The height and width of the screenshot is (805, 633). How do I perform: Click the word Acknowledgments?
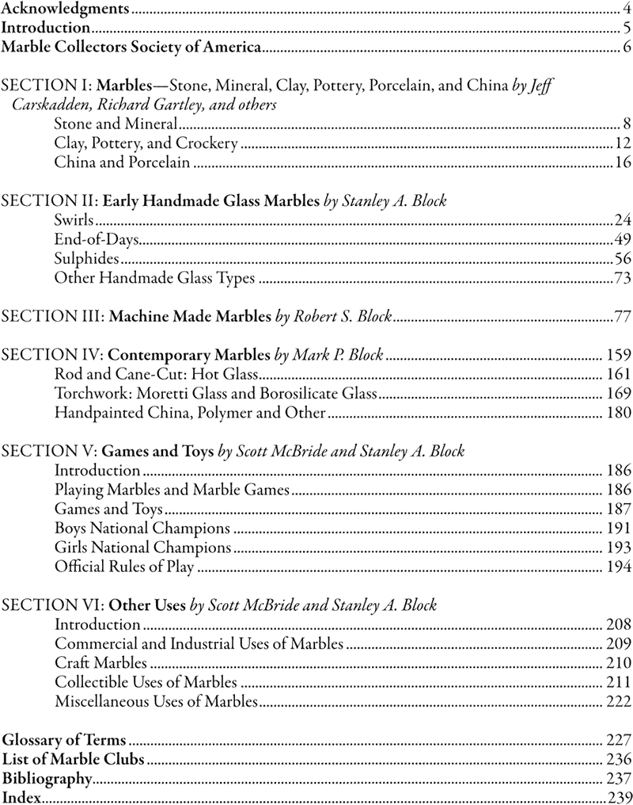click(65, 10)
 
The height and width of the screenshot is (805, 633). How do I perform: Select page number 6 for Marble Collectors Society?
click(626, 48)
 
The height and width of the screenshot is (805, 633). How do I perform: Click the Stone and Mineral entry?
click(115, 124)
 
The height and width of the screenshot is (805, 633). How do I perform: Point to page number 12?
click(621, 143)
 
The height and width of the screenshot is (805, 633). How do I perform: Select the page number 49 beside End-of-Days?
click(622, 239)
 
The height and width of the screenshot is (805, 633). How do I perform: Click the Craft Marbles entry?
click(100, 662)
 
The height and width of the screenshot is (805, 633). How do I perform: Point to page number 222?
click(618, 700)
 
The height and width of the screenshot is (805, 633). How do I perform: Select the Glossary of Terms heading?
click(65, 740)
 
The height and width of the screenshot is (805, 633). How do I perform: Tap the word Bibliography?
click(47, 778)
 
